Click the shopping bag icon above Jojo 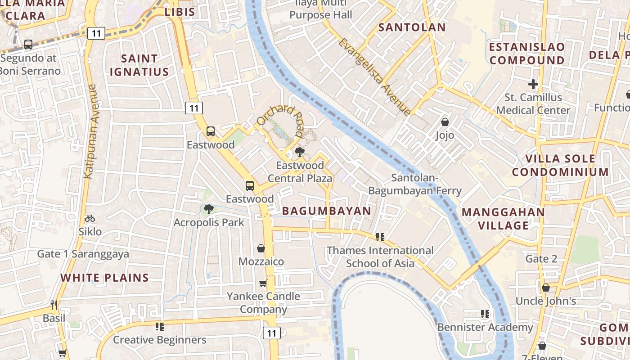click(x=445, y=122)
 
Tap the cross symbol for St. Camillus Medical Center click(x=533, y=84)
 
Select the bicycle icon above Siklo click(x=90, y=218)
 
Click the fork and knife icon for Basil click(x=54, y=305)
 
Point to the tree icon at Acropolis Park click(x=208, y=209)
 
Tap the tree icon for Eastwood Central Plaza click(x=299, y=152)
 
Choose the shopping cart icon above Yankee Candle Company click(x=263, y=283)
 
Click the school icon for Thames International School click(x=380, y=237)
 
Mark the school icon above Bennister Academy click(x=485, y=314)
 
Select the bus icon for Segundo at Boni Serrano click(x=28, y=45)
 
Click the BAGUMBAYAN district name click(x=326, y=211)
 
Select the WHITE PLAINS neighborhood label click(x=104, y=278)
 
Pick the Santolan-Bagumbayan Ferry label click(x=414, y=184)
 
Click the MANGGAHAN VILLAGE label click(x=503, y=219)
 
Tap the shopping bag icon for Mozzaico click(x=261, y=248)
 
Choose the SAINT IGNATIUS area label click(x=139, y=65)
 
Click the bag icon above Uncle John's click(x=545, y=288)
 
